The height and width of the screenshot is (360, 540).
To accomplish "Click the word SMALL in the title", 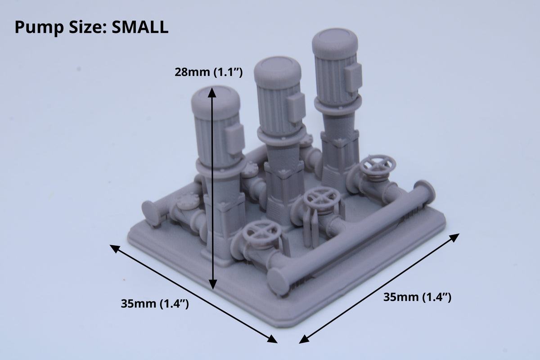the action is pyautogui.click(x=140, y=27).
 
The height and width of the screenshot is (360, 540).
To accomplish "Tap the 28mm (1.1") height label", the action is pyautogui.click(x=208, y=72).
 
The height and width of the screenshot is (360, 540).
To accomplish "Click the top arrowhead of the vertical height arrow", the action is pyautogui.click(x=212, y=93).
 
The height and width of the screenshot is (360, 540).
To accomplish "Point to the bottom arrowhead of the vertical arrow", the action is pyautogui.click(x=212, y=284).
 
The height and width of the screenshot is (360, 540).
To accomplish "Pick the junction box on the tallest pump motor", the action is pyautogui.click(x=353, y=78).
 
